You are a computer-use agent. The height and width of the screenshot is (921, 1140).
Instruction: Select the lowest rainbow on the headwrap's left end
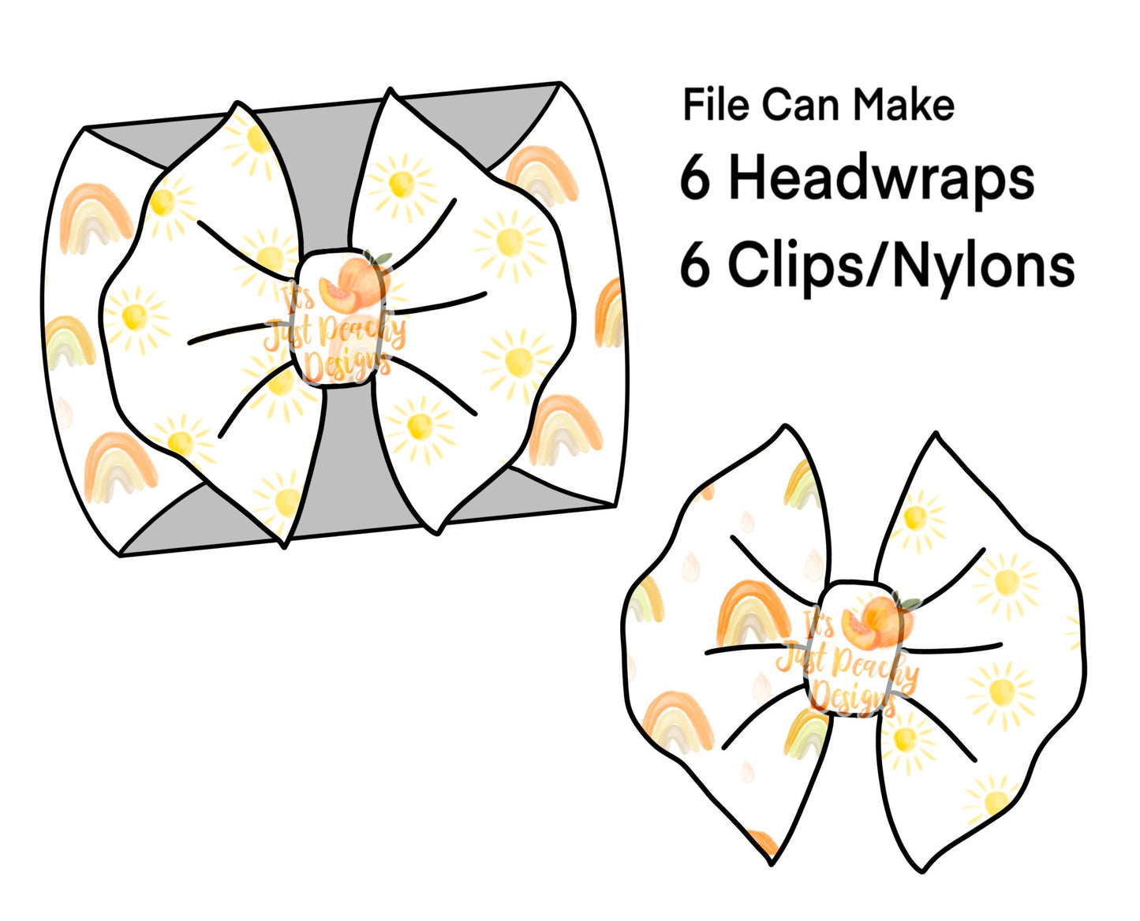point(120,466)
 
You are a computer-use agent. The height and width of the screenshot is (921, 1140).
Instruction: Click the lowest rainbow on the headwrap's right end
point(564,429)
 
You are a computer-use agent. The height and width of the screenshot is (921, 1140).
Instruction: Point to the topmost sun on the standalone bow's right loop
point(915,518)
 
